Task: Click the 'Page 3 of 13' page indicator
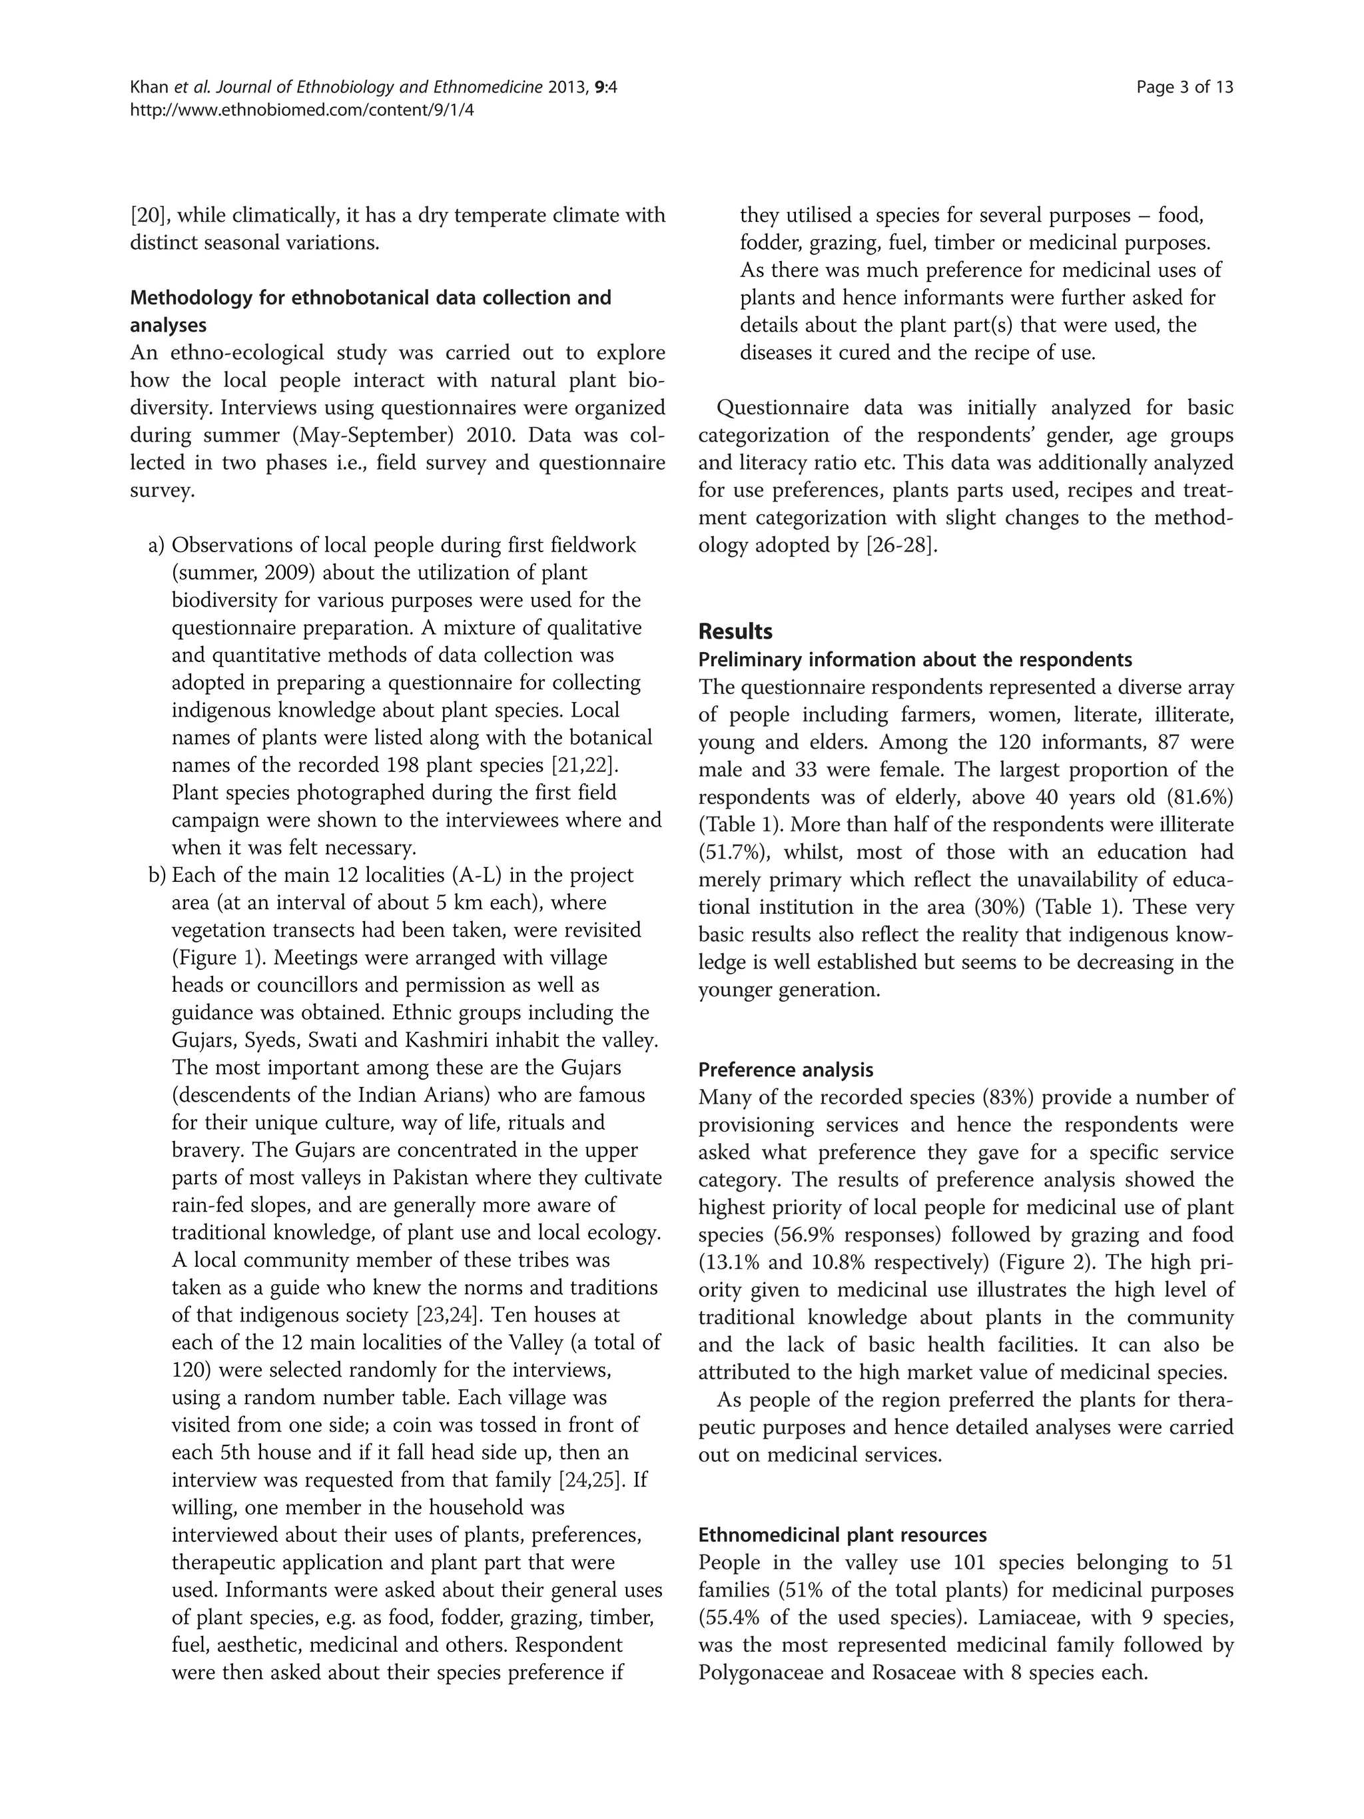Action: pyautogui.click(x=1184, y=87)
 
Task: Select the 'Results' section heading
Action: pyautogui.click(x=735, y=631)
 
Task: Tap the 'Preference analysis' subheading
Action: pyautogui.click(x=785, y=1070)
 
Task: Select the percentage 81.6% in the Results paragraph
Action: pyautogui.click(x=1196, y=797)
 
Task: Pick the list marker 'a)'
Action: pyautogui.click(x=157, y=546)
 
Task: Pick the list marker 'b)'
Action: pyautogui.click(x=157, y=875)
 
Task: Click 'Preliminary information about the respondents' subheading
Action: pyautogui.click(x=914, y=659)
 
